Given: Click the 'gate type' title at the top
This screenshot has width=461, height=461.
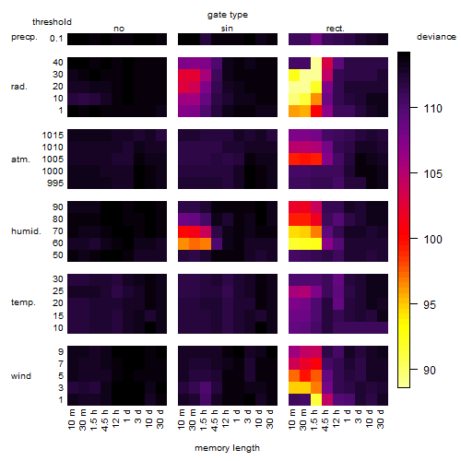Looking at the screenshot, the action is click(228, 15).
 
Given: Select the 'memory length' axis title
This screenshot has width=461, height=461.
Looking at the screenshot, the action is click(227, 448).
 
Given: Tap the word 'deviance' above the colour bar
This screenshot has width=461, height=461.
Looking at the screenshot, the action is click(436, 37).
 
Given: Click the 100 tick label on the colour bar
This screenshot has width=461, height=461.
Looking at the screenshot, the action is click(432, 239).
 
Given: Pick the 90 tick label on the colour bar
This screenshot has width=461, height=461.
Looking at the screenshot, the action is click(430, 370).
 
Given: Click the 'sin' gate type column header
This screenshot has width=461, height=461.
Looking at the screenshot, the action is click(227, 29).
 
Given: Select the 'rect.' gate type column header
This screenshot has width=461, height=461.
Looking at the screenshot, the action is click(336, 29).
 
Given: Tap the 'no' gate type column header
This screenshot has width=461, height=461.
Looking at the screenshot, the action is click(119, 29).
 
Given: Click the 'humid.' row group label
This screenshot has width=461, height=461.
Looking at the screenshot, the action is click(26, 231).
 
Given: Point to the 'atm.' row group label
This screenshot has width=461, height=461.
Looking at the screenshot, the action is click(20, 160).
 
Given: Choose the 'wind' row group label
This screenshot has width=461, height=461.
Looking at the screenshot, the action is click(21, 376).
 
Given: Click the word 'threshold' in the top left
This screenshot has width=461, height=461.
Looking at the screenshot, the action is click(52, 22).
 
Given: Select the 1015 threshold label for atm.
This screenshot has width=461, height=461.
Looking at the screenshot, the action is click(53, 135).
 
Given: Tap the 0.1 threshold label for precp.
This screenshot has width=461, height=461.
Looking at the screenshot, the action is click(56, 39).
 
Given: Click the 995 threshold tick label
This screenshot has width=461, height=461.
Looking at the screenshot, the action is click(55, 183).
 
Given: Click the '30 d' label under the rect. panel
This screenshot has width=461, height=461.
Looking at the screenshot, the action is click(380, 419).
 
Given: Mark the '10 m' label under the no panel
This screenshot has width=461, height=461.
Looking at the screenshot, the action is click(71, 420).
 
